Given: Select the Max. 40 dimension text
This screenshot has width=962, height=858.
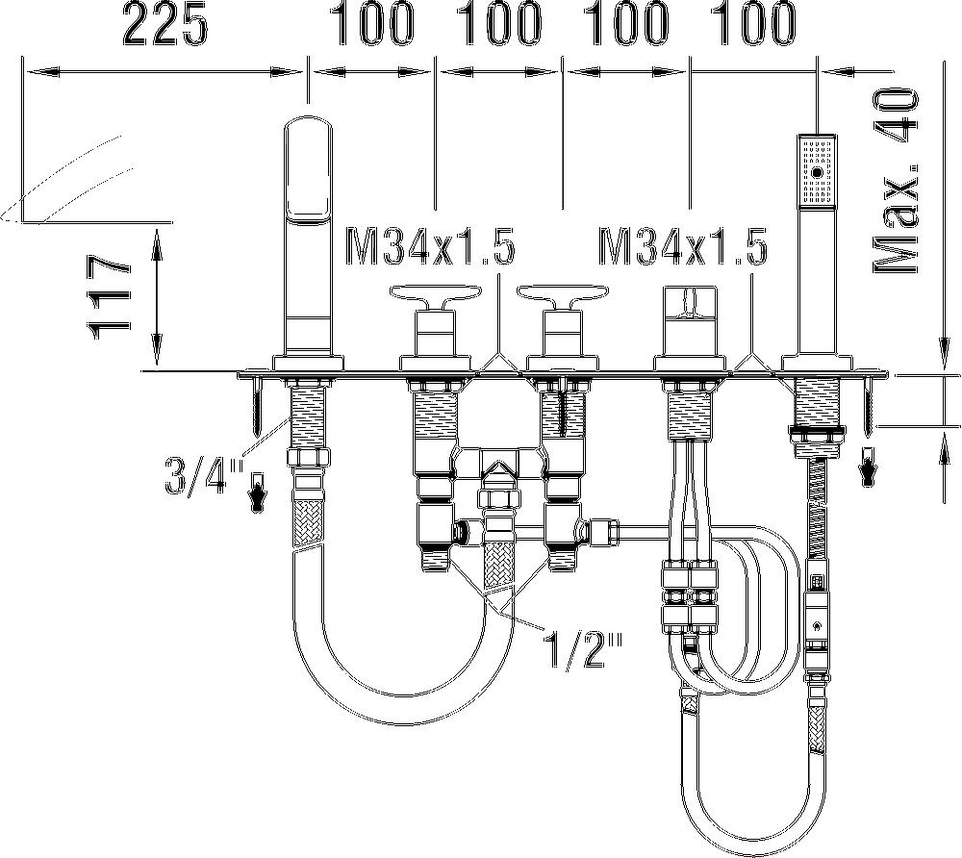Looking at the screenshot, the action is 897,181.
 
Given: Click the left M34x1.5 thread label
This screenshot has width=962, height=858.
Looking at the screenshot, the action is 429,246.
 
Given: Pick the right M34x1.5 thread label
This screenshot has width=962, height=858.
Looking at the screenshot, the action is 683,246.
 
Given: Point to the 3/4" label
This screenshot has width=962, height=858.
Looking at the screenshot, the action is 202,477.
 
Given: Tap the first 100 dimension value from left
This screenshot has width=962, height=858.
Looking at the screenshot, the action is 373,25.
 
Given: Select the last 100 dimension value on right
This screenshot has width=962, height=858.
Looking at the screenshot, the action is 754,25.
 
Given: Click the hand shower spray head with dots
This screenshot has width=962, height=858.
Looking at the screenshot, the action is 816,170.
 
